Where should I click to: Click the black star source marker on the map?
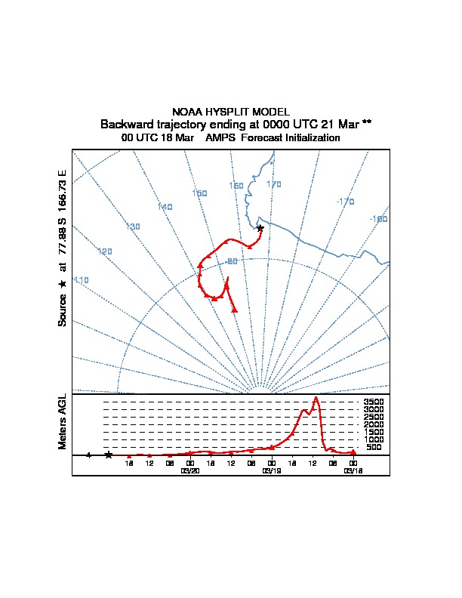(x=260, y=228)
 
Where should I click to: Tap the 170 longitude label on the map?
(x=273, y=184)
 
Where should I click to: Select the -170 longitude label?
(x=345, y=202)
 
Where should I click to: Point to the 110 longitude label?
(x=81, y=280)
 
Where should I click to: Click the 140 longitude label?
(x=165, y=207)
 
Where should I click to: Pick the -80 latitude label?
(x=232, y=262)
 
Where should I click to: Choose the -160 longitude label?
(x=378, y=219)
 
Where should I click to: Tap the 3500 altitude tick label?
(x=374, y=402)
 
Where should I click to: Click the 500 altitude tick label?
(x=373, y=447)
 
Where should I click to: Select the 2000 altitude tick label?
(x=374, y=424)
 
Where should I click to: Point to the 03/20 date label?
(x=190, y=470)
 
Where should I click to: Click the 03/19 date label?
(x=271, y=470)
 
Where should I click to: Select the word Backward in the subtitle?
(x=127, y=124)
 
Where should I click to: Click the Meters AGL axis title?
(x=63, y=422)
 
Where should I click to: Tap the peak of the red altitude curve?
(x=316, y=398)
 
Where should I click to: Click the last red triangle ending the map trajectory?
(x=235, y=309)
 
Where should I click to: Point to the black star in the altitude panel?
(x=109, y=455)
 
